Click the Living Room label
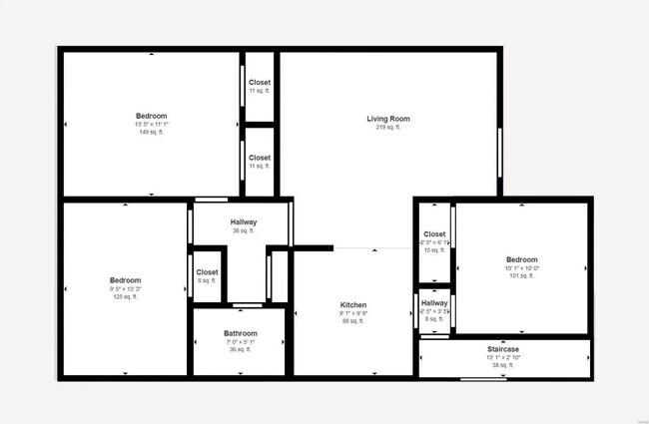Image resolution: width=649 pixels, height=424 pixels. [x=388, y=119]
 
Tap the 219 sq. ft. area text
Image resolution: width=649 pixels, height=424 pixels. [x=388, y=128]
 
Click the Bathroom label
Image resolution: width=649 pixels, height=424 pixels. [x=241, y=333]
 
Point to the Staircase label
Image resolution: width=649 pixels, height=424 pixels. [x=503, y=349]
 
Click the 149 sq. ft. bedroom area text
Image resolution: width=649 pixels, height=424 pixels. [x=152, y=132]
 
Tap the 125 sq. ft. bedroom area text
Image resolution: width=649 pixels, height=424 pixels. [x=126, y=297]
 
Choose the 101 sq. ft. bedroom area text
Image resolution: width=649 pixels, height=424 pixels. [x=521, y=275]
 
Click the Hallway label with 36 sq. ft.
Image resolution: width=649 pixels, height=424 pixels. [x=244, y=221]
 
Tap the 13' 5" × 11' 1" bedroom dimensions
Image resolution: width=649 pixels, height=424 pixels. [x=152, y=124]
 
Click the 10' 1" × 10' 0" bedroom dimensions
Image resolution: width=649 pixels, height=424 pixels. [x=521, y=267]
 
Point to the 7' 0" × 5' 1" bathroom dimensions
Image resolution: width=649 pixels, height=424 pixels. [x=241, y=342]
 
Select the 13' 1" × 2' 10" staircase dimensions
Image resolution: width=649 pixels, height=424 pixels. [x=503, y=357]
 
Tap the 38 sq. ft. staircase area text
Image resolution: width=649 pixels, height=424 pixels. [x=503, y=365]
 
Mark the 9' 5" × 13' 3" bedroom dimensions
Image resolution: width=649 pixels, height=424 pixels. [x=126, y=289]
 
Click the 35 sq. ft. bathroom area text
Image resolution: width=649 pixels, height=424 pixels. [x=241, y=350]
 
